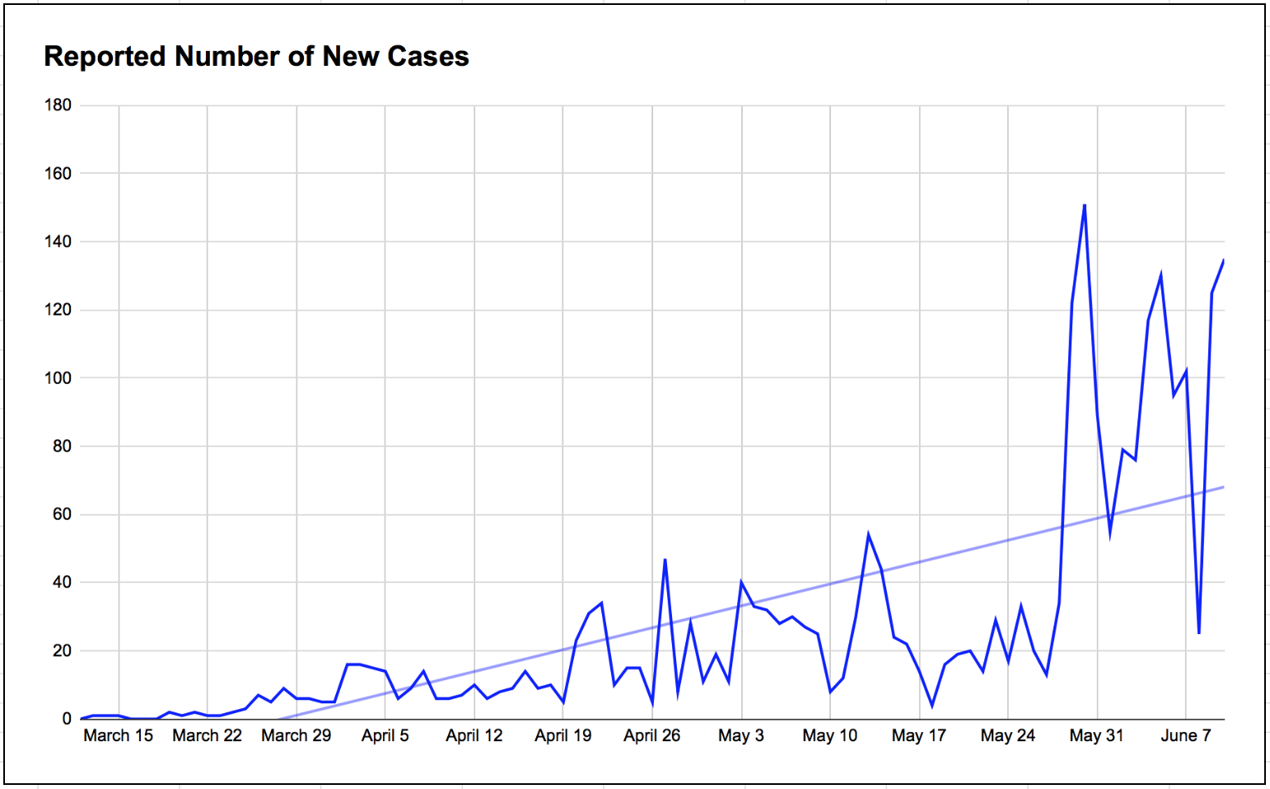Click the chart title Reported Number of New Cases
[256, 56]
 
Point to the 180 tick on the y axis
[58, 105]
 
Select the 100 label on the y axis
[58, 378]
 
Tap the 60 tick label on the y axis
[61, 514]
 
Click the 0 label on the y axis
[67, 718]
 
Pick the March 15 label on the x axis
[118, 735]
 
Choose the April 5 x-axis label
[385, 735]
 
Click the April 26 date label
[651, 735]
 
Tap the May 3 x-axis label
[740, 735]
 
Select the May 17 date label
[918, 735]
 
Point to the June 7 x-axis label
[1185, 735]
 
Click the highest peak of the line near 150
[1085, 205]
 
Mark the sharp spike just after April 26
[665, 560]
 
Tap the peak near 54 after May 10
[868, 535]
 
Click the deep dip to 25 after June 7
[1198, 633]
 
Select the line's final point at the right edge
[1224, 260]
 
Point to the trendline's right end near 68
[1223, 488]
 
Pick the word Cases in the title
[427, 56]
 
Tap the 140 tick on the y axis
[58, 242]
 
